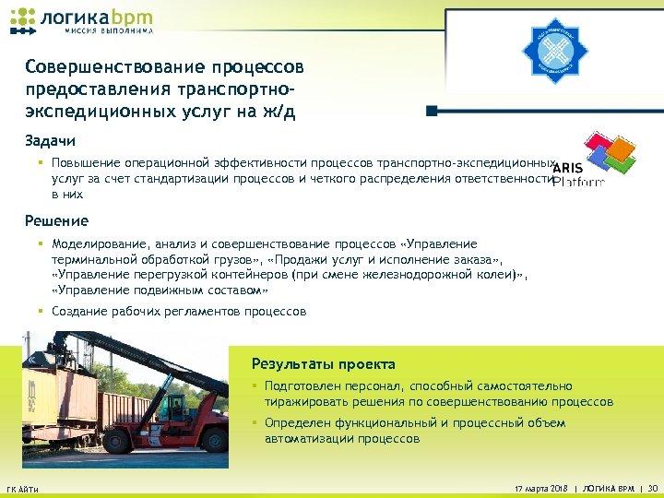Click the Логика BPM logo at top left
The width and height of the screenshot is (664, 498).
coord(80,19)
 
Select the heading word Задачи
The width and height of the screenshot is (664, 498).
coord(51,141)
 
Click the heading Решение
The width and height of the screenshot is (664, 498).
coord(57,221)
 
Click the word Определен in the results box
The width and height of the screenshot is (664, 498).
coord(298,423)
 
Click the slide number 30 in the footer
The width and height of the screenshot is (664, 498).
coord(652,488)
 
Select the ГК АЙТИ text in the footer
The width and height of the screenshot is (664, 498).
coord(23,488)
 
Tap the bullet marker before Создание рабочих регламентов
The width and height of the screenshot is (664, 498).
coord(41,312)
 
